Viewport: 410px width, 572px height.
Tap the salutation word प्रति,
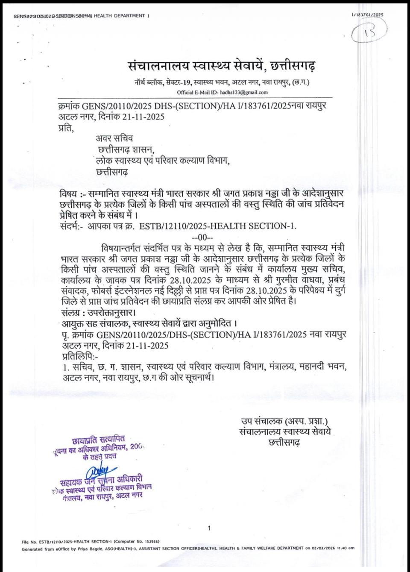pos(65,127)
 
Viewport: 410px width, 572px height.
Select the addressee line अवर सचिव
pos(114,138)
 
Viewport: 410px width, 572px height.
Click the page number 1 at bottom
pos(209,528)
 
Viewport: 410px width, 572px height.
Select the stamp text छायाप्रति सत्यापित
pos(98,438)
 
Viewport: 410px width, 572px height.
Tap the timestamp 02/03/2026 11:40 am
pos(335,549)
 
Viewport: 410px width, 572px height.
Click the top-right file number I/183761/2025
pos(367,15)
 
